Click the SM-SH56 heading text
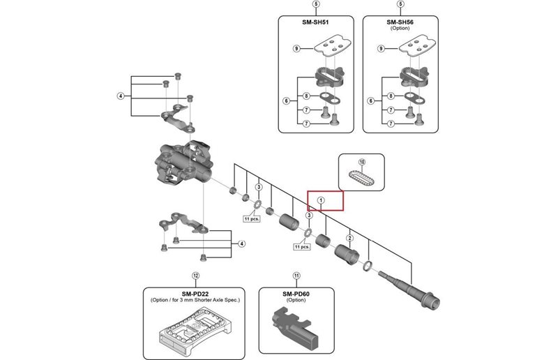click(400, 22)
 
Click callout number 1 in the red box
click(321, 201)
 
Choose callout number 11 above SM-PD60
click(296, 276)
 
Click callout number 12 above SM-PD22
click(196, 276)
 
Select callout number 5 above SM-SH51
click(316, 5)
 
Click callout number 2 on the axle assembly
click(349, 238)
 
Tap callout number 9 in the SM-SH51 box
click(296, 49)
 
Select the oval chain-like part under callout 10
click(361, 178)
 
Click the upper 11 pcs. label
click(251, 218)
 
